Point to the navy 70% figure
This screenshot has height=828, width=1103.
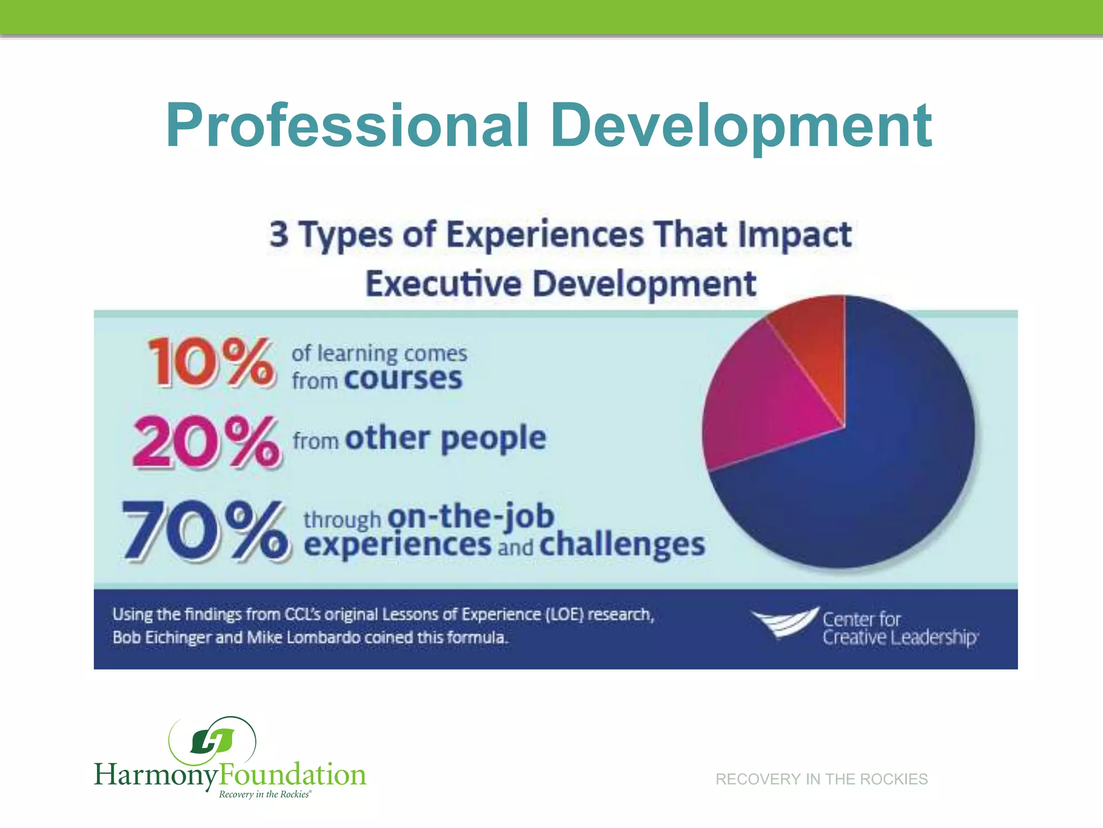[x=205, y=530]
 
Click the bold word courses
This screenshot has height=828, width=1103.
[x=403, y=378]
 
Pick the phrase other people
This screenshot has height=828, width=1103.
[x=446, y=438]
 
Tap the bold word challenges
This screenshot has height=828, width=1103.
[x=622, y=544]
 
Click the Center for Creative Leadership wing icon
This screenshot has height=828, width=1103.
[x=784, y=623]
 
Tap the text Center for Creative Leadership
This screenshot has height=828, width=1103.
[x=899, y=629]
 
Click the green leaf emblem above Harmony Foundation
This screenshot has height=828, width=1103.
[x=212, y=741]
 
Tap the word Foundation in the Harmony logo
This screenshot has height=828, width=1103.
[x=292, y=775]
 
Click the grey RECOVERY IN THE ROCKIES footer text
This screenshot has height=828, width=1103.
[x=821, y=779]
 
